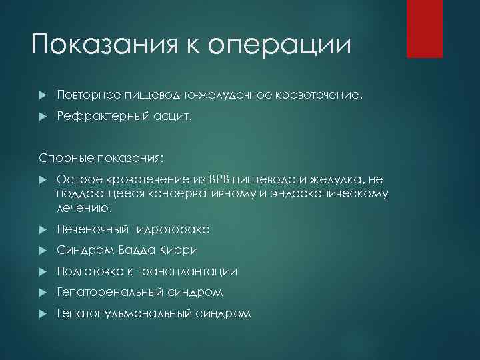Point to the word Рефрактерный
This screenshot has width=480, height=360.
[x=99, y=117]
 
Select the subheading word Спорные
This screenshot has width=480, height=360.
[x=59, y=159]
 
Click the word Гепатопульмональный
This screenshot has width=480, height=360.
[x=117, y=313]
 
